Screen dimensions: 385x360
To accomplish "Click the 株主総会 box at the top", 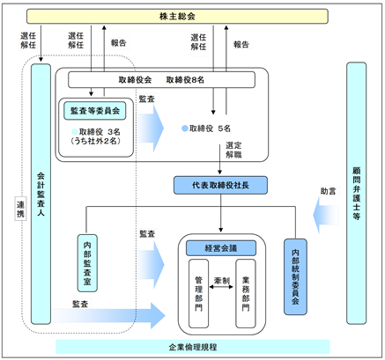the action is (177, 16).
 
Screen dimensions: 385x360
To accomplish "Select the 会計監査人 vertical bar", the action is (41, 194).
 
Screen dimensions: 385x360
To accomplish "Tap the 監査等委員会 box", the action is (95, 111).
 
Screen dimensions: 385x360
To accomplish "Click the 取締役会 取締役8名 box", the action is (161, 79).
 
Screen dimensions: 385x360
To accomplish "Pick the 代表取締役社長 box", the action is (220, 185).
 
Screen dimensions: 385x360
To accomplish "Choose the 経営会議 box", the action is (221, 248).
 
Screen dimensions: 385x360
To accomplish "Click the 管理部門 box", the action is (199, 293).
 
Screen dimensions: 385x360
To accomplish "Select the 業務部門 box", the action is (246, 293).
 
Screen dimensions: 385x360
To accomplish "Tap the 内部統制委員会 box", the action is (295, 276).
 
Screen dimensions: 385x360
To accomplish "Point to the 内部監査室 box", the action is (87, 263).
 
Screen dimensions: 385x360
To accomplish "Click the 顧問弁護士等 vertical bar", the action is (357, 193).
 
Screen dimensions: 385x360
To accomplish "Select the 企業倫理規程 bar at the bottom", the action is (193, 347).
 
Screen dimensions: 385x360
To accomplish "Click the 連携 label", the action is (20, 209).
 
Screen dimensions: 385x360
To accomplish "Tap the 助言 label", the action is (328, 191).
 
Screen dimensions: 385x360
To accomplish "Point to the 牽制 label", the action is (222, 281).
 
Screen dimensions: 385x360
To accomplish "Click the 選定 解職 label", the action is (233, 150).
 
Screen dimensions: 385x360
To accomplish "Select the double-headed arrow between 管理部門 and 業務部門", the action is (221, 287).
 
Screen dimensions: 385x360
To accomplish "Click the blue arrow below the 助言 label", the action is (325, 215).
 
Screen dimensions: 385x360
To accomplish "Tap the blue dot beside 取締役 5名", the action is (185, 129).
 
